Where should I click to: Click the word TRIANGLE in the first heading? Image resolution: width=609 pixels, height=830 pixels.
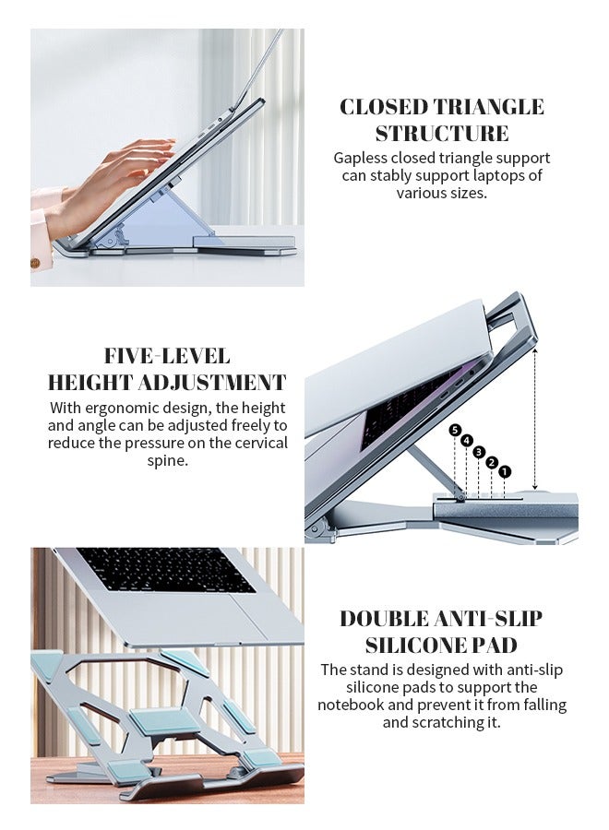coord(488,107)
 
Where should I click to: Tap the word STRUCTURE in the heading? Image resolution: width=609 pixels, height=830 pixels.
coord(441,134)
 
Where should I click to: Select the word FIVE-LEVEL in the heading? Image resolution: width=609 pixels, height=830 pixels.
coord(167,356)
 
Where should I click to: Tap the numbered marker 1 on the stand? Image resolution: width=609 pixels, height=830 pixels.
coord(505,471)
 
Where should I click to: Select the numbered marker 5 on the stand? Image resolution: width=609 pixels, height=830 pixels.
coord(455,430)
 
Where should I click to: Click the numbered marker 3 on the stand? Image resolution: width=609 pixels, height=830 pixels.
coord(479,452)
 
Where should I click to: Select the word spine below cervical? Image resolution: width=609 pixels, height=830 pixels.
coord(167,460)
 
